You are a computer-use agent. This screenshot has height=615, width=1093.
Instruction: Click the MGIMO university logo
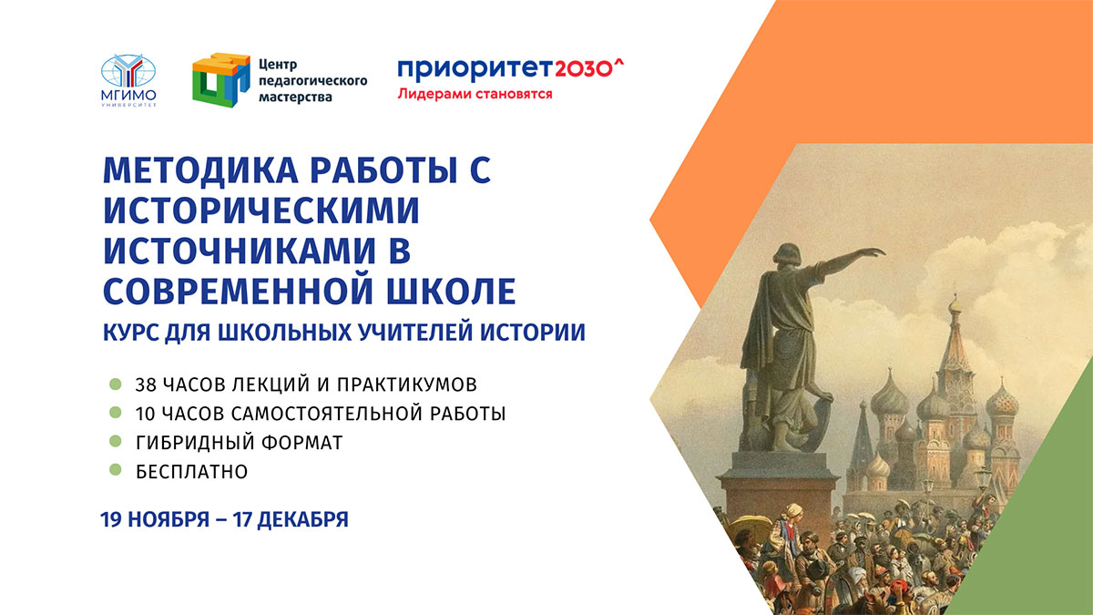click(128, 80)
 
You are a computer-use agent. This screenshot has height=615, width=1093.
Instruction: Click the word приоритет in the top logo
click(462, 69)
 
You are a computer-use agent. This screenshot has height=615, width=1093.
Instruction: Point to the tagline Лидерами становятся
click(475, 94)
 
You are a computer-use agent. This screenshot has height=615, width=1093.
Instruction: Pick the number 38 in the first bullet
click(148, 383)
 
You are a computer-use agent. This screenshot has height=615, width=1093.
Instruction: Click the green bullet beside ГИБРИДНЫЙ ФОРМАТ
click(116, 442)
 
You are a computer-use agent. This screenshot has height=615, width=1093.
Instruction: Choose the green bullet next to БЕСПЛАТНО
click(116, 471)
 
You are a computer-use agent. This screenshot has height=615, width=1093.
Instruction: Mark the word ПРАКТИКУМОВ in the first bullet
click(414, 383)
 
